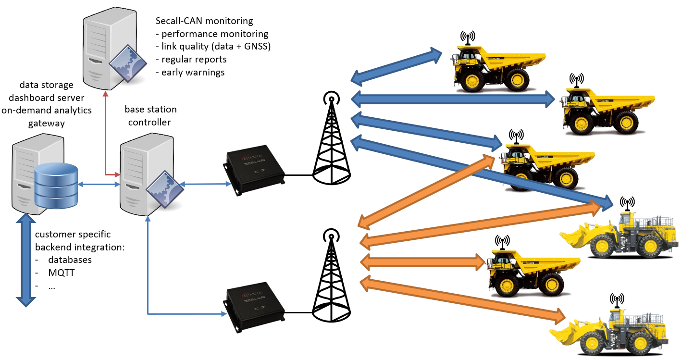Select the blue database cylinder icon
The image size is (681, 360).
pyautogui.click(x=56, y=186)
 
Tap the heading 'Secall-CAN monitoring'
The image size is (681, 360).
pyautogui.click(x=204, y=21)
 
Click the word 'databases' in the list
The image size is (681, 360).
pyautogui.click(x=70, y=260)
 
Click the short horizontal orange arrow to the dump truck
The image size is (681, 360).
pyautogui.click(x=423, y=262)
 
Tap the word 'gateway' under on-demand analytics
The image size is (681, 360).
pyautogui.click(x=46, y=123)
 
